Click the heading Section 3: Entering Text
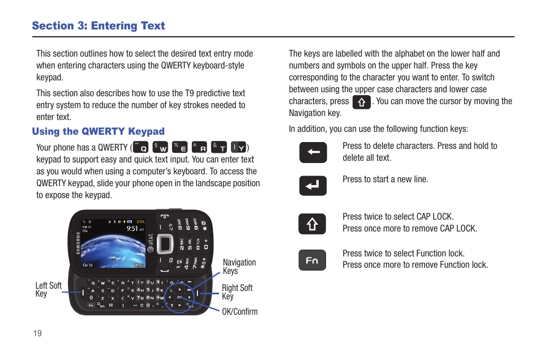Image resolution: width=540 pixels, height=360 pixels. pos(98,25)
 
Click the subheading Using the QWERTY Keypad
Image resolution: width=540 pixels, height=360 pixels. pos(98,131)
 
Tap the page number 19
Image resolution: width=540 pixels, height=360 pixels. pos(37,333)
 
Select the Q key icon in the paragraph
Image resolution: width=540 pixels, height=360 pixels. pos(140,147)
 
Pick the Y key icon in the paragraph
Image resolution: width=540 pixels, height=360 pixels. pos(238,147)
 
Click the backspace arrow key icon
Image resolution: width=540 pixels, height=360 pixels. pos(313,152)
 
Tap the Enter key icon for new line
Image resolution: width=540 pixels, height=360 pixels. pos(313,186)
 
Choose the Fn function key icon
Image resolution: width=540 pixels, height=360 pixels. pos(312,260)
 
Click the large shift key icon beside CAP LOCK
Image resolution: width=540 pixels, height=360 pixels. pos(312,224)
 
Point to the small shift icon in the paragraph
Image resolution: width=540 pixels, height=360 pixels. pos(361,102)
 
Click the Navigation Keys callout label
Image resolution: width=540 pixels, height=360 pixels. pos(239,267)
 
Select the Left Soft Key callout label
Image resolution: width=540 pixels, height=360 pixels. pos(48,289)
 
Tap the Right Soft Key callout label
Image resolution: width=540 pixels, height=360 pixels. pos(237,292)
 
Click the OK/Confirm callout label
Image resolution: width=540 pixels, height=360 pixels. pos(239,311)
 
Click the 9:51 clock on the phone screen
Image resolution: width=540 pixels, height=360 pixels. pos(132,228)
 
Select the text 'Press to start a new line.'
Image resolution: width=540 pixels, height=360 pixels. pos(385,179)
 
